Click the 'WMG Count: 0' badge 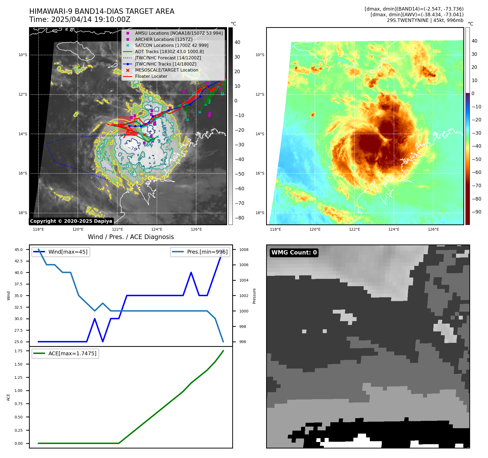pos(294,253)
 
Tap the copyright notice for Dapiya pos(71,221)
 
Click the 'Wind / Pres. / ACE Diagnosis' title pos(131,237)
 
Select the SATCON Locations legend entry pos(172,45)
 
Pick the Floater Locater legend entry pos(151,76)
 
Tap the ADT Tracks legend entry pos(169,51)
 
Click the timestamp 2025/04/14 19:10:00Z pos(80,20)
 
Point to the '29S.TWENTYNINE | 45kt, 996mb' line pos(425,20)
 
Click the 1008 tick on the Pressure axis pos(244,250)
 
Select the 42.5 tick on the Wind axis pos(19,261)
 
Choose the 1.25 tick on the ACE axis pos(19,378)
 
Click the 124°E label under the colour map pos(394,229)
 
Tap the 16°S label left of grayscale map pos(23,173)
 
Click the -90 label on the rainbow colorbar pos(476,212)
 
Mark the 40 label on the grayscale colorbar pos(237,42)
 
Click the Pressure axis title pos(254,296)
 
